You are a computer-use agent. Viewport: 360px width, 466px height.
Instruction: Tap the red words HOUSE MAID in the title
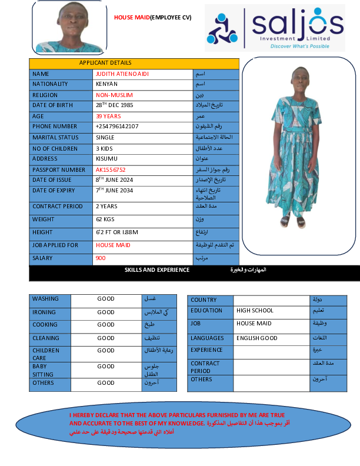coord(132,18)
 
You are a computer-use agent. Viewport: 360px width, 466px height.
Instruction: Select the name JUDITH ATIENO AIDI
coord(120,74)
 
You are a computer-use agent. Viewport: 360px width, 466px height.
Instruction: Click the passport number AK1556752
coord(111,169)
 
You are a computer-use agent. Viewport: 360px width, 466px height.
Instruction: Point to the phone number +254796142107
coord(117,127)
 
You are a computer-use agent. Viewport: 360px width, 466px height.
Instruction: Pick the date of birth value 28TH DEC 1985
coord(114,105)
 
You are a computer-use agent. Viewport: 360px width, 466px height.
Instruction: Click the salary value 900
coord(101,258)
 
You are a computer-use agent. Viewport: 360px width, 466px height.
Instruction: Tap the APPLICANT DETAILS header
coord(105,63)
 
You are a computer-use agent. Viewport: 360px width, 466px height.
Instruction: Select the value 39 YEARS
coord(108,116)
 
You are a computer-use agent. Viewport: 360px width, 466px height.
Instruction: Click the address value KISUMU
coord(106,159)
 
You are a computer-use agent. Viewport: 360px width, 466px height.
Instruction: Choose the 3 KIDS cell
coord(105,148)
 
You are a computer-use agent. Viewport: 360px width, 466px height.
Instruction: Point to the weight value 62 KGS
coord(105,219)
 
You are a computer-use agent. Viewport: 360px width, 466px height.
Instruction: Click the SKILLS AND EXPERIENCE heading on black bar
coord(157,270)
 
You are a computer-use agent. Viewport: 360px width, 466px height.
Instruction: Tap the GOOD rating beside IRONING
coord(106,312)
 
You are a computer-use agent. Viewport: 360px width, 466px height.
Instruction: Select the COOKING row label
coord(45,325)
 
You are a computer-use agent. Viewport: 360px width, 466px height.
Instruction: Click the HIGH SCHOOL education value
coord(255,311)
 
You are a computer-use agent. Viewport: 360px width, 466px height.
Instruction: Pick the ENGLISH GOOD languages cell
coord(257,338)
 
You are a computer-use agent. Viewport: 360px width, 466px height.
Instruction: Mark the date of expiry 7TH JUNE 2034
coord(115,191)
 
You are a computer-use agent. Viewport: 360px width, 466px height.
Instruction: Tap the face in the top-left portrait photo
coord(69,22)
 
